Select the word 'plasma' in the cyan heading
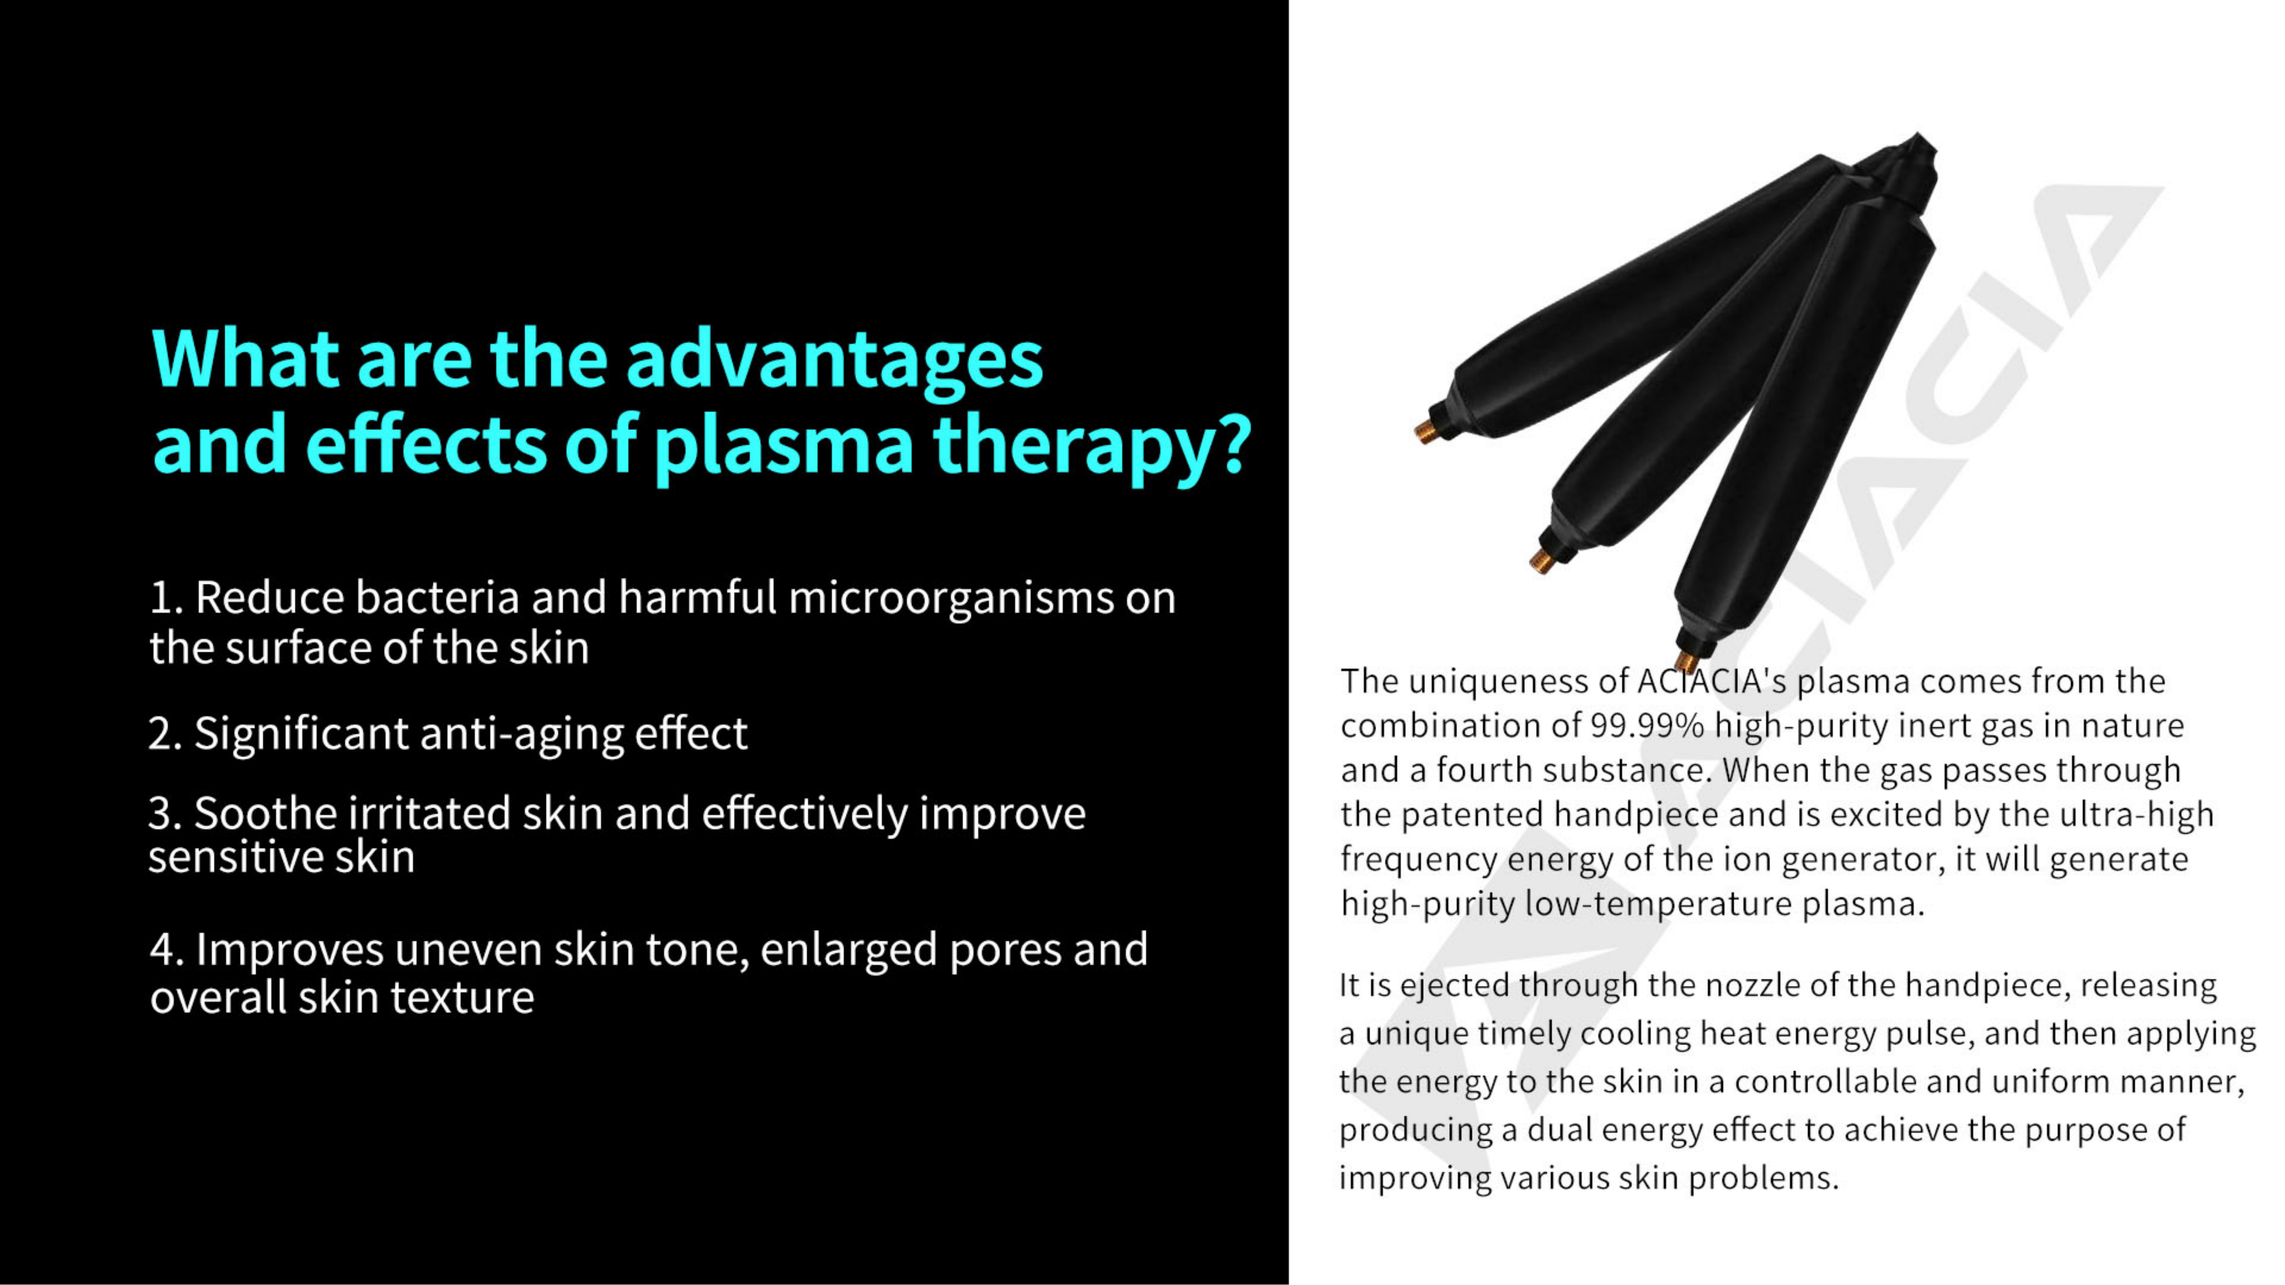click(783, 446)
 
